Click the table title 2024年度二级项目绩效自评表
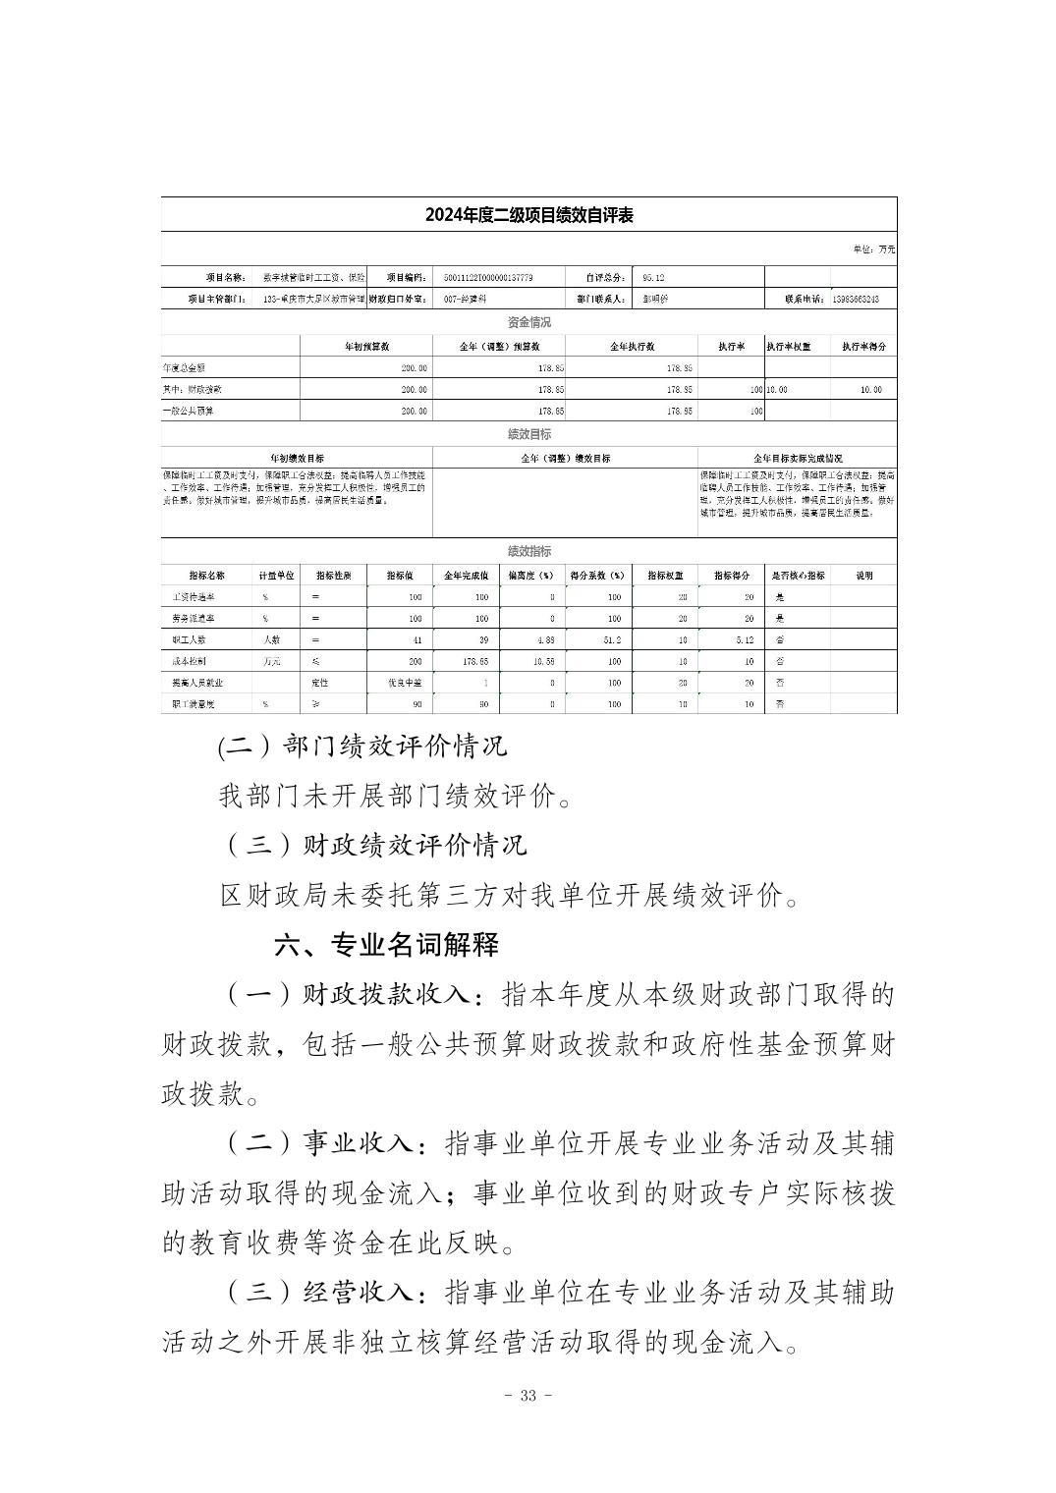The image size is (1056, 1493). [x=528, y=215]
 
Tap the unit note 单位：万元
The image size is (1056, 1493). [x=873, y=249]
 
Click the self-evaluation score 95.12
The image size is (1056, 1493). [x=653, y=278]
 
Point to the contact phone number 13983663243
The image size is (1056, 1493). [x=855, y=299]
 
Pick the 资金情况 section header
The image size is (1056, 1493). [x=528, y=322]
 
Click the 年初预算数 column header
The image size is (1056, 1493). [x=366, y=347]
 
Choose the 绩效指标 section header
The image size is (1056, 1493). [x=528, y=551]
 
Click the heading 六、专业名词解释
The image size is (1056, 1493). [x=386, y=945]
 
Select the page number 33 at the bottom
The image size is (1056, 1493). [x=528, y=1396]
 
